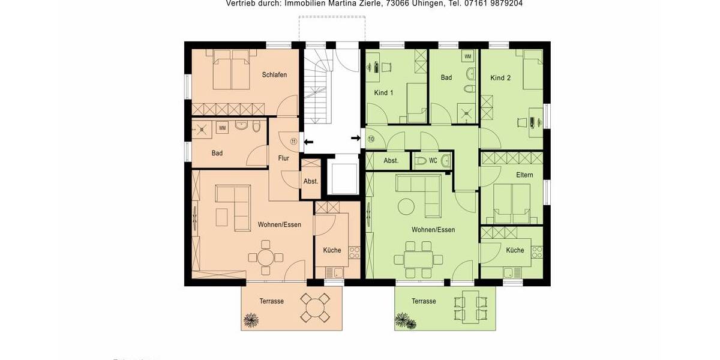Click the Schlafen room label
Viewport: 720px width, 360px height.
[x=274, y=75]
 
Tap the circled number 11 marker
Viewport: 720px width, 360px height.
[x=293, y=141]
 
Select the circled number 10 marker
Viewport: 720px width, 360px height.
[x=371, y=139]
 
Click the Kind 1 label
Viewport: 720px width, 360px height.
[x=383, y=93]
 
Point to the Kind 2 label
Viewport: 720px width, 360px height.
[x=500, y=78]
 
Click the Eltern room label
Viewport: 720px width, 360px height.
[x=524, y=175]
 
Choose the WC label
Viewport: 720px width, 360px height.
[x=433, y=161]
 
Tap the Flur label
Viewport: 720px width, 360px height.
[x=284, y=158]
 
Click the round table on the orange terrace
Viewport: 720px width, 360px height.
[x=315, y=307]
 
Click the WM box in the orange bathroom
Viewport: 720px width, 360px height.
[x=222, y=128]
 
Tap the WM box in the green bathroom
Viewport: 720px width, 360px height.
[x=468, y=56]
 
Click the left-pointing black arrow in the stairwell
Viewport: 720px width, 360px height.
[x=308, y=142]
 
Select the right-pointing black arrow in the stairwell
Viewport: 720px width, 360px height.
[x=356, y=139]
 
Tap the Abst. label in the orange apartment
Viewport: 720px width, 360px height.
[x=311, y=181]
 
